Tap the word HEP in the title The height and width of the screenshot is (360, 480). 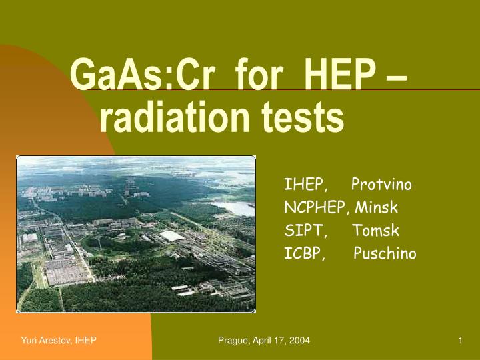(x=339, y=75)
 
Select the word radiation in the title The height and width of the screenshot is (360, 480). (x=175, y=117)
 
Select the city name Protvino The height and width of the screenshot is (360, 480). (x=381, y=184)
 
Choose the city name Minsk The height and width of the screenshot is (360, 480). (x=376, y=207)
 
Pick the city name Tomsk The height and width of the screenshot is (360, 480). (x=375, y=230)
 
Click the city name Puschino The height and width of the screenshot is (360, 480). (x=385, y=253)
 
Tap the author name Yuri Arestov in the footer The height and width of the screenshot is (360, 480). (x=47, y=340)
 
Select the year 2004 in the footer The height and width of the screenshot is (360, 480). (x=299, y=340)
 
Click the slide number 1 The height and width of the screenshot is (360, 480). (x=460, y=340)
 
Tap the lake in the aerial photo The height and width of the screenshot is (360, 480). (x=234, y=208)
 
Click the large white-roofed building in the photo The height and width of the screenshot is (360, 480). (x=171, y=236)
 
